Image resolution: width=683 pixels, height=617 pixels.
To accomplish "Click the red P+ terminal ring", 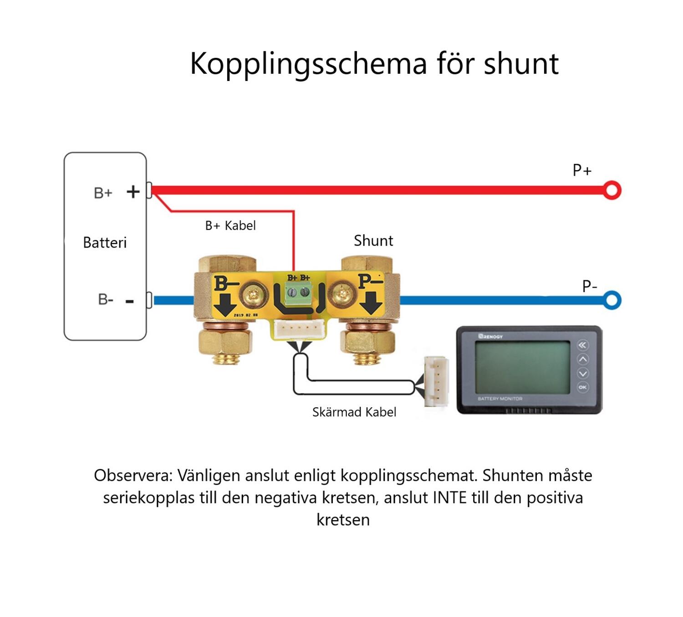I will (x=612, y=190).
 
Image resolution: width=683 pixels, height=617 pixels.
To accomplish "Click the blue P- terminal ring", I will (x=612, y=300).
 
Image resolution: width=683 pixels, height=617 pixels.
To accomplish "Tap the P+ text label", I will (x=582, y=170).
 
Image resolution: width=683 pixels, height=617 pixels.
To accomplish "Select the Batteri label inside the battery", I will (x=105, y=243).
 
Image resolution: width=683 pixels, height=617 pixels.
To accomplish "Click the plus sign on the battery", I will (x=133, y=192).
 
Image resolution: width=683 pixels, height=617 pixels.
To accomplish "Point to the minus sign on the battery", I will (x=130, y=301).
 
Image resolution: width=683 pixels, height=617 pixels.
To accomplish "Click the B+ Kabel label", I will (x=230, y=226).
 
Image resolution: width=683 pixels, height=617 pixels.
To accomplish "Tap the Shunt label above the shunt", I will (x=373, y=241).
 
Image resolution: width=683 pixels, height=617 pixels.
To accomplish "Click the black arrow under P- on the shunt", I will (x=372, y=303).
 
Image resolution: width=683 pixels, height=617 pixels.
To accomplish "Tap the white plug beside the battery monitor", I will (x=436, y=381).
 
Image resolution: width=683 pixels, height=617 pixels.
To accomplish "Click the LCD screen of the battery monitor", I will (x=522, y=367).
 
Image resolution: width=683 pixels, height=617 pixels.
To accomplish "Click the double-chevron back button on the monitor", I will (x=583, y=345).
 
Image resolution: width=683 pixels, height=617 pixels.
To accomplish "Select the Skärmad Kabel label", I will (x=354, y=412).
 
